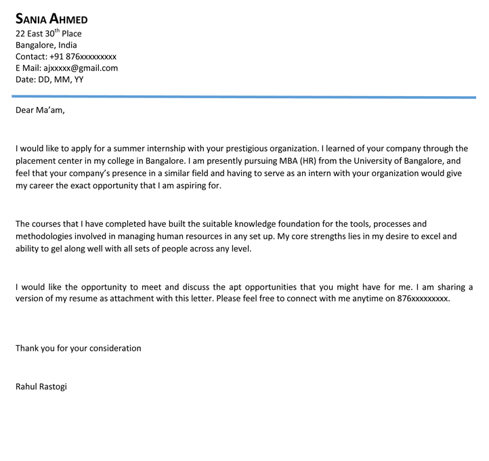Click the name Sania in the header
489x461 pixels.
tap(30, 19)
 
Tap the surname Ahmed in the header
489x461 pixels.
tap(68, 19)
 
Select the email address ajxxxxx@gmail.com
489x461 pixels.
tap(81, 68)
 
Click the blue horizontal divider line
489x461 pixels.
tap(244, 97)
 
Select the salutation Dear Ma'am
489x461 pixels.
tap(41, 110)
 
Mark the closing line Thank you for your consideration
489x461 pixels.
tap(79, 348)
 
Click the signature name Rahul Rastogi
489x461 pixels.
tap(41, 387)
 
